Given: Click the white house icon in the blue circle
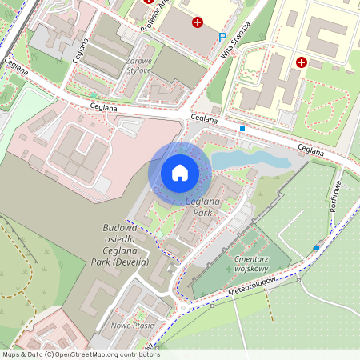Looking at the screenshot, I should pos(180,173).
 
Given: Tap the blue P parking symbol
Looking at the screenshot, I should pos(222,37).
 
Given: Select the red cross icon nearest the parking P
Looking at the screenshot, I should pos(198,23).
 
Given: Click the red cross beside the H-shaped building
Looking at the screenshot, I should pos(302,62).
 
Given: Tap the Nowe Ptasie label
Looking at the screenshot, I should pos(133,326).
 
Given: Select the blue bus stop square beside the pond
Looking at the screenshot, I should pos(242,128).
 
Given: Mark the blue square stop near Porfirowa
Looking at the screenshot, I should pos(317,248).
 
